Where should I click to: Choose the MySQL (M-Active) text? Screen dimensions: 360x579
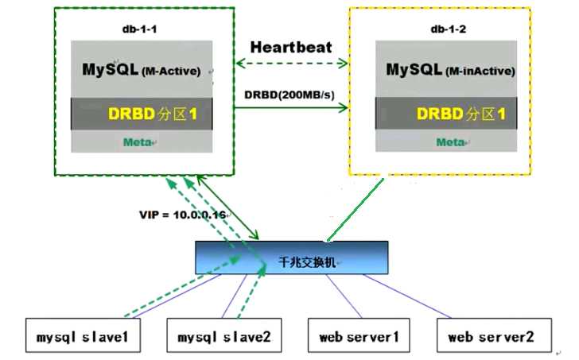[x=142, y=69]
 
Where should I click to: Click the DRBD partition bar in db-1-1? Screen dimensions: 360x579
[x=142, y=114]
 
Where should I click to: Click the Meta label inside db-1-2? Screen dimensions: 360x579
[x=449, y=141]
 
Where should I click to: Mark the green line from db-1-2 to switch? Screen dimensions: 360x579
[x=353, y=208]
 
